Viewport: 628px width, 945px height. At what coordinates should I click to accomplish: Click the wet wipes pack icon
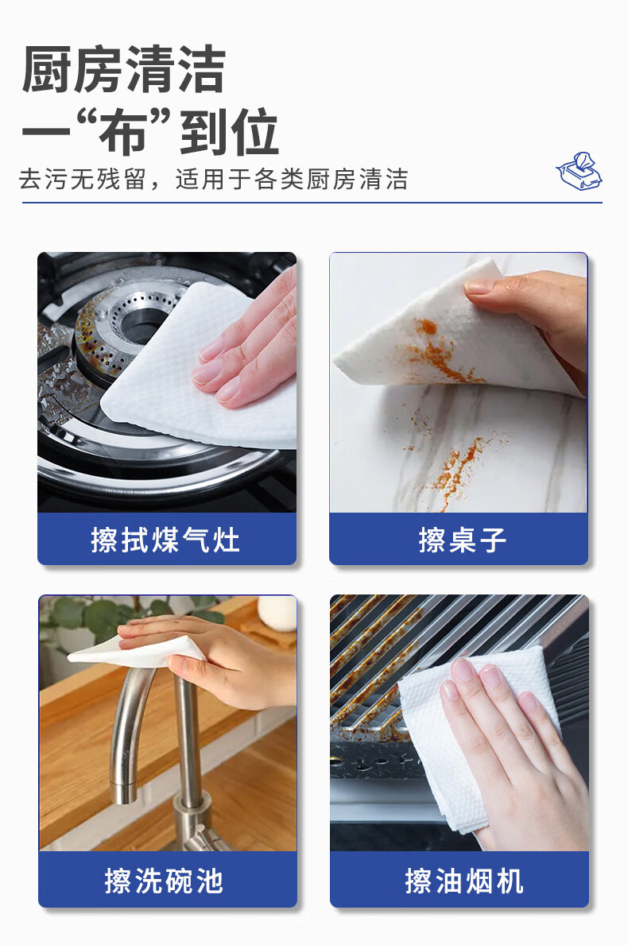580,172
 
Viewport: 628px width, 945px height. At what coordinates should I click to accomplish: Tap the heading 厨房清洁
123,70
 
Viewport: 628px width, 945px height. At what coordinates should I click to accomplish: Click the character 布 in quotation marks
123,132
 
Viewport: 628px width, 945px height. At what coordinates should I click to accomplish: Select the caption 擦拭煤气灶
165,540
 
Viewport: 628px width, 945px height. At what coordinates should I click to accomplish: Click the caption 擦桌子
463,540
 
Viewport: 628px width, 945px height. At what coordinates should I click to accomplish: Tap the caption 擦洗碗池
164,881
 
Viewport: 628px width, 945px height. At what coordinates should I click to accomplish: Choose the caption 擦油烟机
464,881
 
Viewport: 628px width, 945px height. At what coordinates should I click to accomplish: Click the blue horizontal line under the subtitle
312,203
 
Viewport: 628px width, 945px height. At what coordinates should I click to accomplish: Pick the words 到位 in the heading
229,132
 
